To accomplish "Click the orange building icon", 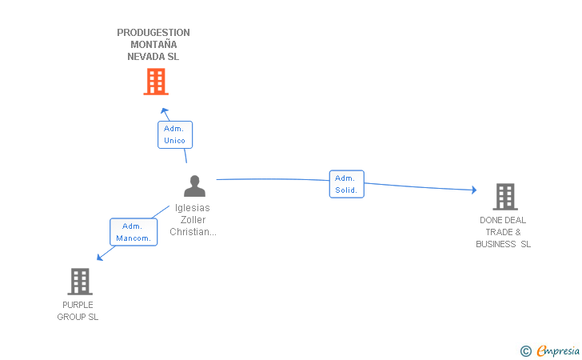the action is coord(156,82).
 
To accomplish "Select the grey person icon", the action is coord(194,186).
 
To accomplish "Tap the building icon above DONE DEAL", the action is coord(505,197).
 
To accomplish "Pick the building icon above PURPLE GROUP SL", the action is coord(80,282).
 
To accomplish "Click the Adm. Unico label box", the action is coord(175,135).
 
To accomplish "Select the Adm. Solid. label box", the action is coord(347,184).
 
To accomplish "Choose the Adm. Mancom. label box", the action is coord(134,232).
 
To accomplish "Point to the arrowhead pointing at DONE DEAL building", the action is coord(474,190).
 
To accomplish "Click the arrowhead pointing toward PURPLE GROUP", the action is coord(99,257).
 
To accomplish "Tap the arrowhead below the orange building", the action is coord(165,110).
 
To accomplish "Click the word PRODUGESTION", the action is coord(153,33).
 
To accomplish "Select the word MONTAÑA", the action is coord(153,44).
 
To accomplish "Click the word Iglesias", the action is coord(192,208).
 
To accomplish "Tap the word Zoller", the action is coord(193,219).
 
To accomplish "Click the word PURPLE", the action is coord(78,305).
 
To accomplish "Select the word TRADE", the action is coord(499,232).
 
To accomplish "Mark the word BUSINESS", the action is coord(496,244).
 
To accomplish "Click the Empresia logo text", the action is coord(558,350).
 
